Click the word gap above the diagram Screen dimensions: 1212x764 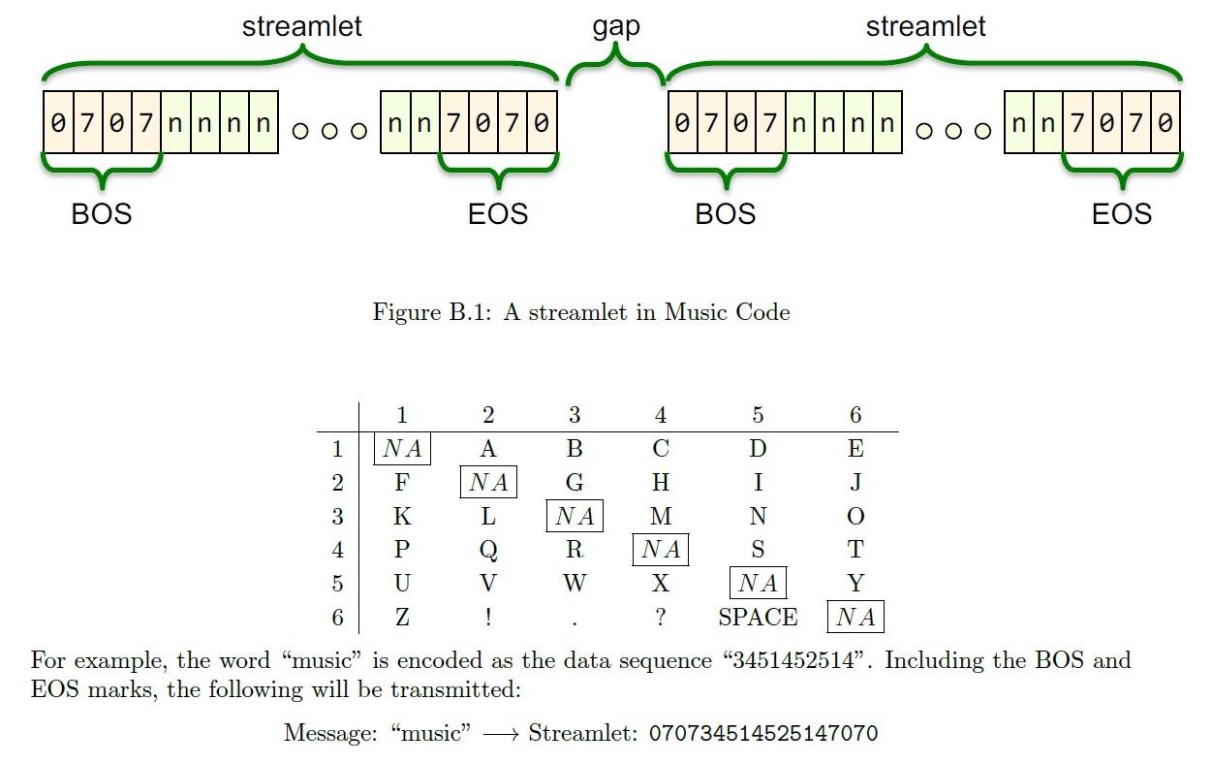(616, 27)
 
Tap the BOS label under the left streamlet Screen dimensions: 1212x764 (102, 214)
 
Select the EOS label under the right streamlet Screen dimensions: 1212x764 (1122, 214)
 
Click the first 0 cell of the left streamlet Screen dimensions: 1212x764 (58, 122)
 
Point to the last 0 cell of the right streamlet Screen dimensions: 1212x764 (1165, 122)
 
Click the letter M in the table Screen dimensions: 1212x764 (661, 516)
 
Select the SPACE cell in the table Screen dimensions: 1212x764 (758, 618)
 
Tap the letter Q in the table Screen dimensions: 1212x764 (488, 550)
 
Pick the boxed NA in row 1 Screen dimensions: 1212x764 (402, 448)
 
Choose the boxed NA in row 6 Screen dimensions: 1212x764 (855, 617)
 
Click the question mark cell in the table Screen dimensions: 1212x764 (661, 618)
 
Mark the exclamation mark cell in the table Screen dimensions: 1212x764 (488, 618)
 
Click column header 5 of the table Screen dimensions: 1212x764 (758, 415)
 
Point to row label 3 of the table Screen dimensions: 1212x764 (337, 516)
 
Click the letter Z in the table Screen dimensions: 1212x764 (402, 618)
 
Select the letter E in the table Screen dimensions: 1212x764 (855, 448)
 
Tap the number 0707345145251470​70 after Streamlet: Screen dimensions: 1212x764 (763, 733)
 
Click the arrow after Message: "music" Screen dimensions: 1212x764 (501, 734)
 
